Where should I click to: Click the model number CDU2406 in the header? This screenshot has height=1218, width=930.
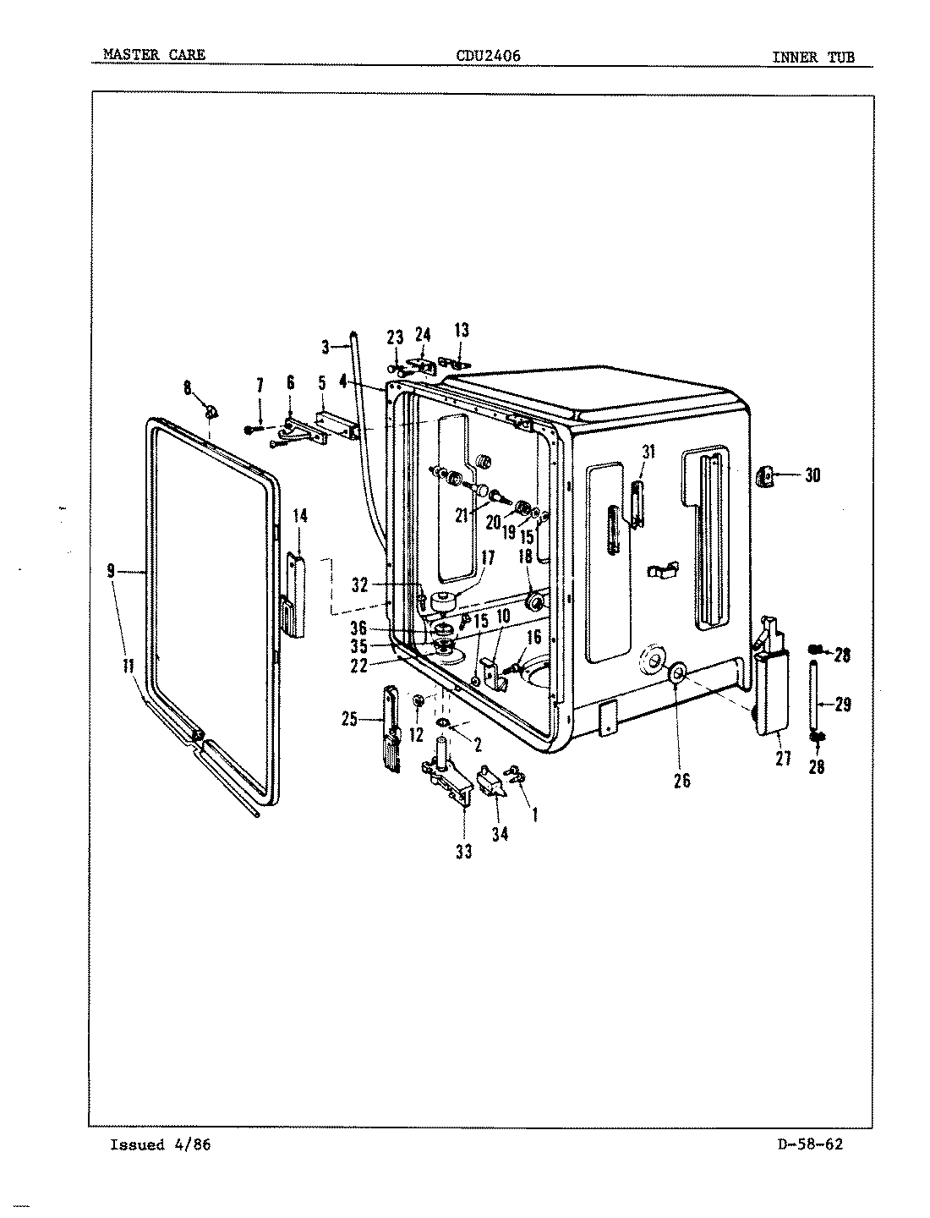coord(488,56)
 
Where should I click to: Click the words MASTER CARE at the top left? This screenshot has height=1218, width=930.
coord(153,56)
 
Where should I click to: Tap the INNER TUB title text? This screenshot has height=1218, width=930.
coord(812,58)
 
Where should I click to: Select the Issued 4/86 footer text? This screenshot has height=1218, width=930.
coord(160,1145)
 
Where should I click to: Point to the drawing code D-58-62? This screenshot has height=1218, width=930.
coord(808,1145)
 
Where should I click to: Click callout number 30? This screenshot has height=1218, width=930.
coord(812,475)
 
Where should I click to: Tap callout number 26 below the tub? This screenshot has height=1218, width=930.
coord(681,781)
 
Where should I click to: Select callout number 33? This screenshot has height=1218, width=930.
coord(463,852)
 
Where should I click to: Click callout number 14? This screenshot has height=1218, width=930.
coord(300,515)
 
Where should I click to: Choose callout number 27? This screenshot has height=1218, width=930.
coord(783,759)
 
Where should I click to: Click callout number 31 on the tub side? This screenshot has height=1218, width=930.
coord(648,452)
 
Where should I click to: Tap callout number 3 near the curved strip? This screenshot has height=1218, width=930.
coord(325,346)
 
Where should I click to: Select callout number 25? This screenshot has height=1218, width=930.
coord(349,720)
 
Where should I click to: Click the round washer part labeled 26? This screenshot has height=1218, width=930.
coord(677,674)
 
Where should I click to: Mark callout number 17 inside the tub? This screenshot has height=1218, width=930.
coord(488,557)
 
